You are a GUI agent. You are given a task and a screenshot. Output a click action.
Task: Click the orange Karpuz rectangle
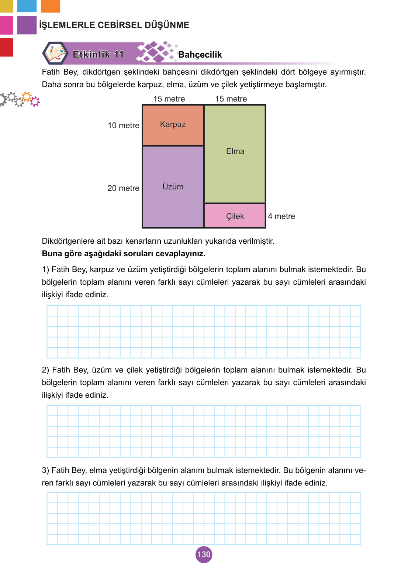pos(173,125)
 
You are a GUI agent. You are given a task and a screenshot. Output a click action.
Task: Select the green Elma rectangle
pos(235,153)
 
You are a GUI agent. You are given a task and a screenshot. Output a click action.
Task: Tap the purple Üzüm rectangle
pos(173,187)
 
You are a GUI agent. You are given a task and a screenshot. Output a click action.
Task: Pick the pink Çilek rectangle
pos(235,216)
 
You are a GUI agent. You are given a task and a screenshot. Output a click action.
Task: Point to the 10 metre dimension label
pos(123,126)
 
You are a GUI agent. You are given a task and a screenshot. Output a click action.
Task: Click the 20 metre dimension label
pos(123,188)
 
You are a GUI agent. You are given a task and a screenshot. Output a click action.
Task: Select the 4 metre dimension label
pos(281,216)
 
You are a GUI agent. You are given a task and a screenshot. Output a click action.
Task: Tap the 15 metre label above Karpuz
pos(169,99)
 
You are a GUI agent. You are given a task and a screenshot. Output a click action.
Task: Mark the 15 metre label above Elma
pos(231,99)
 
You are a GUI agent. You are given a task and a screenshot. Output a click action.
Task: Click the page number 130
pos(204,554)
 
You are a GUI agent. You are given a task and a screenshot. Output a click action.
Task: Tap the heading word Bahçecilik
pos(200,55)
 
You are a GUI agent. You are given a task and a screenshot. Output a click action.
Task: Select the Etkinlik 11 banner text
pos(98,54)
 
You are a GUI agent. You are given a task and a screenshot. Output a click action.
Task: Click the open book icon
pos(55,53)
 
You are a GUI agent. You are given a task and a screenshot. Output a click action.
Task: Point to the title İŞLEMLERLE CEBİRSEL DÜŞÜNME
pos(114,25)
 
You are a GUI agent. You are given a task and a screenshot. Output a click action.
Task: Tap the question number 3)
pos(45,470)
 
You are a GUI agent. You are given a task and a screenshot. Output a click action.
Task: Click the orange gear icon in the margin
pos(26,97)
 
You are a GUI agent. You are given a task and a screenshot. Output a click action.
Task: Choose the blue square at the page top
pos(27,6)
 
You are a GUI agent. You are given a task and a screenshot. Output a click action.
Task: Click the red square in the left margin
pos(6,47)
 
